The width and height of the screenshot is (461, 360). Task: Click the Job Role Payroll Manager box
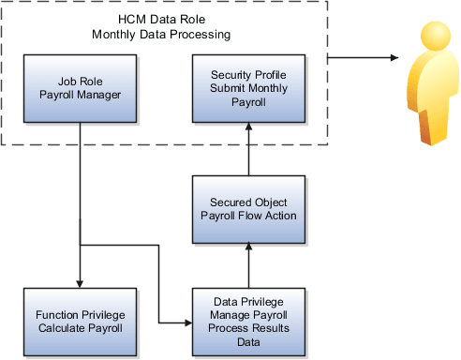[x=80, y=88]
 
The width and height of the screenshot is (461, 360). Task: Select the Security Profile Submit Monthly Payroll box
[x=248, y=88]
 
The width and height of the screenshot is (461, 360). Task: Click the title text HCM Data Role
[x=160, y=19]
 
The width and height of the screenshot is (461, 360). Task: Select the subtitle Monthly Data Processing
[x=160, y=35]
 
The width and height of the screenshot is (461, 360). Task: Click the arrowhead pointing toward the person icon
[x=391, y=57]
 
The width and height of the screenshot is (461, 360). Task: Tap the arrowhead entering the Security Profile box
[x=248, y=129]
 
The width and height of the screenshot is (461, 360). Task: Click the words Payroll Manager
[x=80, y=96]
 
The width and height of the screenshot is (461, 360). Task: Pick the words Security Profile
[x=248, y=73]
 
